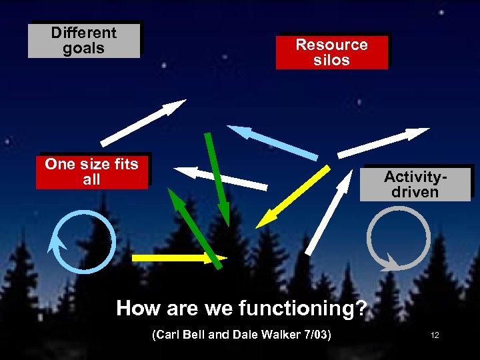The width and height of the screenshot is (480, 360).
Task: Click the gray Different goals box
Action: (x=84, y=41)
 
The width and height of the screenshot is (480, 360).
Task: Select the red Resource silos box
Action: (x=331, y=52)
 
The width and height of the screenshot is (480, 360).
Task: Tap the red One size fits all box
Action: (x=91, y=172)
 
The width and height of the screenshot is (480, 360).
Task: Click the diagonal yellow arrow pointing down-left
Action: (x=293, y=197)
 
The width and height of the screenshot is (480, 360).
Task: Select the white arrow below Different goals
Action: (x=143, y=123)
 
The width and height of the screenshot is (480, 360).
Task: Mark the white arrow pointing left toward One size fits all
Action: (x=221, y=177)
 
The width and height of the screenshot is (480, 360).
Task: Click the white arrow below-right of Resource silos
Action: (x=383, y=142)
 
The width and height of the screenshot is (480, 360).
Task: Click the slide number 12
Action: (x=435, y=335)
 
